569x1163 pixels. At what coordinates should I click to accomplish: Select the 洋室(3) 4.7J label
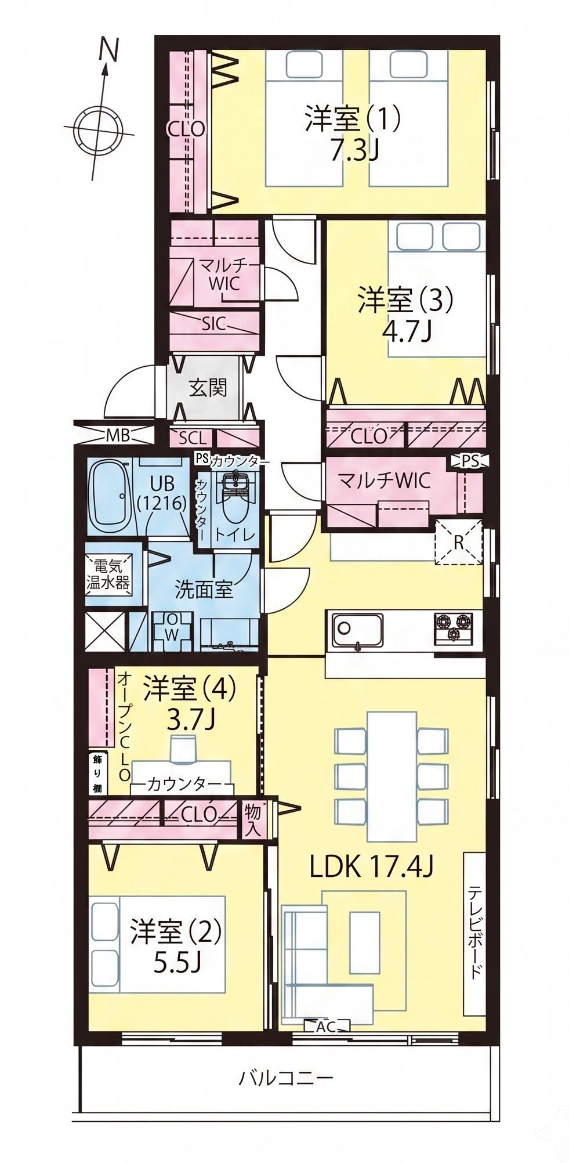tap(404, 315)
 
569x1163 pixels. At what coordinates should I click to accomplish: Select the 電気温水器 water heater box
tap(108, 574)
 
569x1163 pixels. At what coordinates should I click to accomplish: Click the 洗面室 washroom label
tap(204, 590)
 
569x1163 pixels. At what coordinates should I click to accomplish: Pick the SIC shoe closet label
tap(213, 324)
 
